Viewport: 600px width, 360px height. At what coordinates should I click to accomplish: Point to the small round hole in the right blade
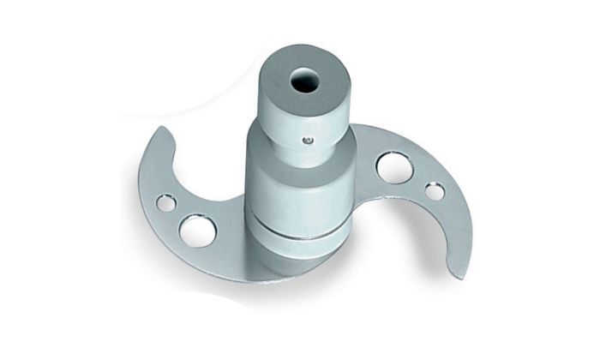point(435,190)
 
